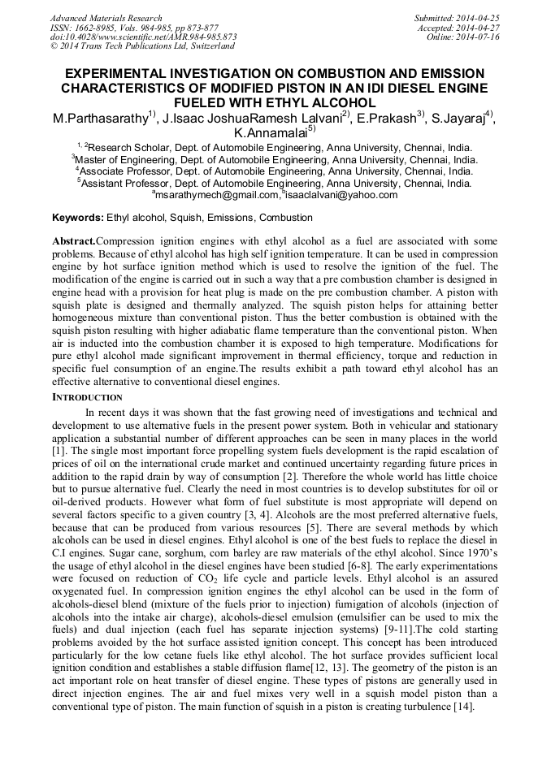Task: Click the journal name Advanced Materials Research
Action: (106, 18)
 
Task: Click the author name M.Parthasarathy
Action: (100, 119)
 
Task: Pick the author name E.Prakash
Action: (386, 119)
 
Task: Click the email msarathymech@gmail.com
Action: (216, 195)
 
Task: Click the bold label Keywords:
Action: (78, 218)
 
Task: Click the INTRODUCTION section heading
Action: (87, 397)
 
